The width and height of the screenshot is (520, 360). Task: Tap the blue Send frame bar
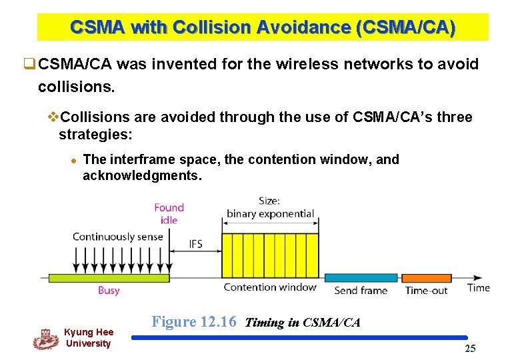point(361,278)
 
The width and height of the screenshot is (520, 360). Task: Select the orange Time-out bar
point(426,278)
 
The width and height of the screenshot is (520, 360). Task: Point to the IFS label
point(195,244)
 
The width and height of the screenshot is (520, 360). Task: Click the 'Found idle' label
point(169,214)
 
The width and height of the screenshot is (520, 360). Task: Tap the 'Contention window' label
point(269,287)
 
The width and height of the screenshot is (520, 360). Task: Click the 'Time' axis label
point(478,287)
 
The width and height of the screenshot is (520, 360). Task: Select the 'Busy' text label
point(109,291)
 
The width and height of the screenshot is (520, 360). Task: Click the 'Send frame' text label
point(360,291)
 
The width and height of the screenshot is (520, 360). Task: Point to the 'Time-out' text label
point(427,291)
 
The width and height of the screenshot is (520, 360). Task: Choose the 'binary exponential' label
point(270,214)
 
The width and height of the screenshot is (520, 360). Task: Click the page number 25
point(470,349)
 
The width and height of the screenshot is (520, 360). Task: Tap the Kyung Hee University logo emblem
point(45,339)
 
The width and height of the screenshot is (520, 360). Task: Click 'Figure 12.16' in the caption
point(194,322)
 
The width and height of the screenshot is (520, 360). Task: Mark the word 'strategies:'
point(96,135)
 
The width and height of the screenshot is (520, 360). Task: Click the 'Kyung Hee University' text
point(88,337)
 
